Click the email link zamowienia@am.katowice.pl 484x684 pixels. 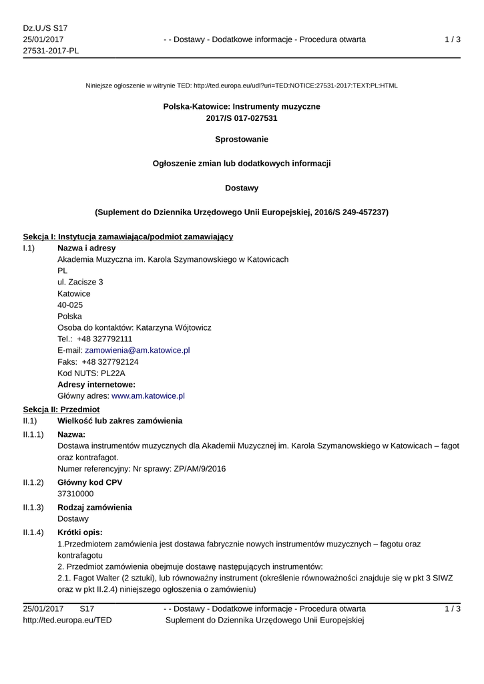click(x=138, y=350)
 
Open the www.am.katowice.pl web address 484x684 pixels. click(x=148, y=395)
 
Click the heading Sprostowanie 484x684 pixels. click(x=242, y=140)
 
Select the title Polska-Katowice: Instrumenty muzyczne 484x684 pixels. click(x=242, y=107)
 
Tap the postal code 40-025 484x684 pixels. click(x=70, y=305)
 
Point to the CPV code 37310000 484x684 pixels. click(x=75, y=494)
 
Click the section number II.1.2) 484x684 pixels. click(x=33, y=482)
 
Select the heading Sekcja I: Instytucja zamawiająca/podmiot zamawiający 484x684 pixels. click(x=128, y=236)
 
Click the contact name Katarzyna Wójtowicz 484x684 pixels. click(x=174, y=327)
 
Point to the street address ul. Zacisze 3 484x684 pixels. click(x=80, y=282)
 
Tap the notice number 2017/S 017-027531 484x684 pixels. click(x=242, y=118)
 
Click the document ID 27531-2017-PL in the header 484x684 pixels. click(x=51, y=51)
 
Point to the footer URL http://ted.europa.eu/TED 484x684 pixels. click(x=67, y=621)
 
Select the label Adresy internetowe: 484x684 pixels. click(x=96, y=384)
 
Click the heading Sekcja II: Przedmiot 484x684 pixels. click(x=61, y=409)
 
